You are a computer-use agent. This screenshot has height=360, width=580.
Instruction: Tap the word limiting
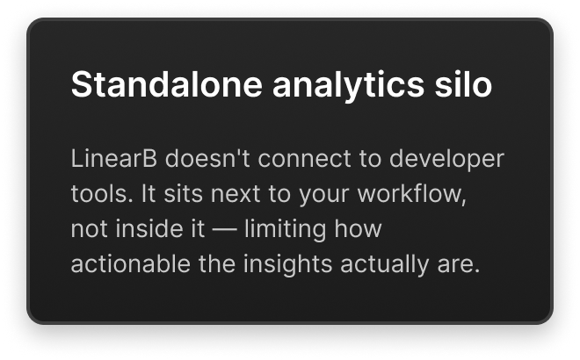point(286,230)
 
